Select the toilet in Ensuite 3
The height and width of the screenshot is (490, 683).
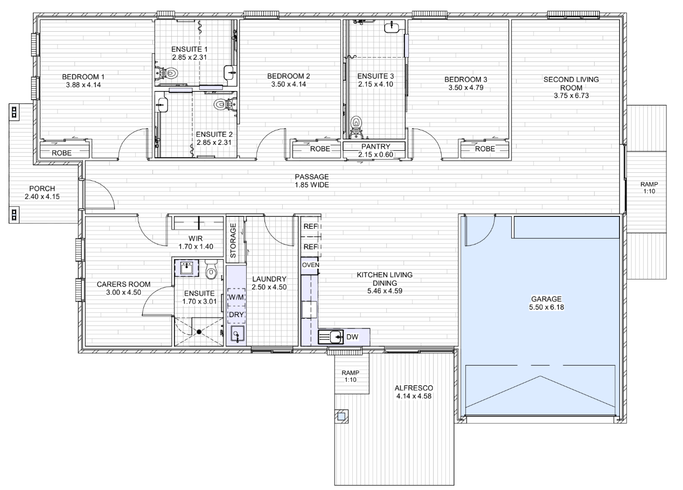356,124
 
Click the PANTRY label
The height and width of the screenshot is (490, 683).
375,146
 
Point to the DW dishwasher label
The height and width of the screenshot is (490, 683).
352,337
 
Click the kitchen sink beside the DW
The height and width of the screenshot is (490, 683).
331,337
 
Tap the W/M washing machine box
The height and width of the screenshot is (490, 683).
236,297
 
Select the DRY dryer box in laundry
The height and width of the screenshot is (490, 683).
236,315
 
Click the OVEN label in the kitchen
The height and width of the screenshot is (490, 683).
310,265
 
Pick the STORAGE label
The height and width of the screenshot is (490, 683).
233,241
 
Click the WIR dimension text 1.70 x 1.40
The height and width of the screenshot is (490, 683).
196,247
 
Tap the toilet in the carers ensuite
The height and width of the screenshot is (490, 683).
211,269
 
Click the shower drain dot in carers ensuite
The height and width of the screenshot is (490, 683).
199,332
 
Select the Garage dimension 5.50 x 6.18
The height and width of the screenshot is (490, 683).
546,307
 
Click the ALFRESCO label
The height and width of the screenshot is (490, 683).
414,388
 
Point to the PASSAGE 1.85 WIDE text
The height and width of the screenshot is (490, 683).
312,181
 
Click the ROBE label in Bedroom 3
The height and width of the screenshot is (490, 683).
485,149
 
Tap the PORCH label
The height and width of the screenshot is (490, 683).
42,188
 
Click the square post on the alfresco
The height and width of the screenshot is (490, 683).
341,416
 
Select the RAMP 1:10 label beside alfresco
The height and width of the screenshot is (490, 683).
350,376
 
